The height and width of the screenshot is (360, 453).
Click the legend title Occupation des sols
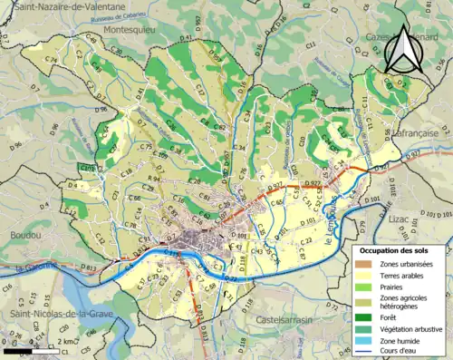(x=394, y=249)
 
